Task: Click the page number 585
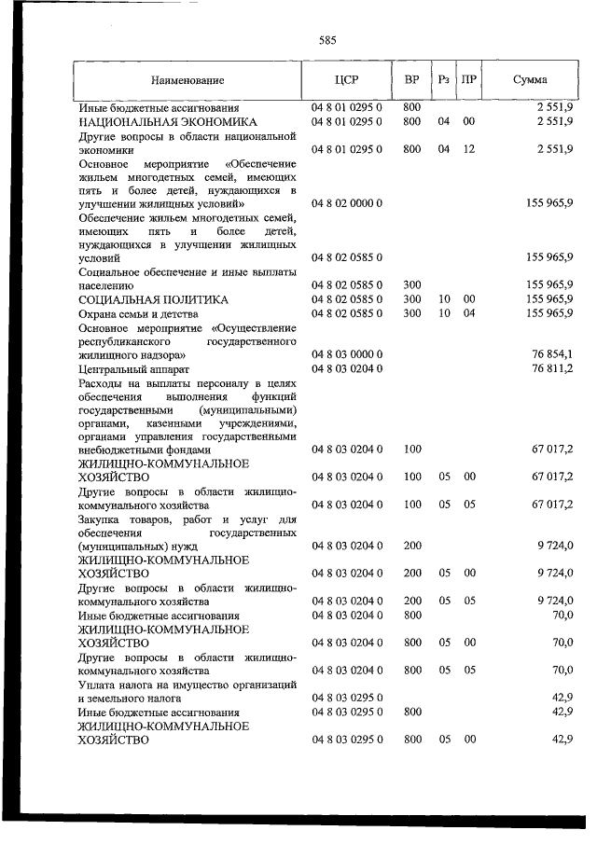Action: [x=327, y=40]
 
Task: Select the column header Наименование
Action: [x=187, y=80]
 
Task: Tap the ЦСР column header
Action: [x=346, y=80]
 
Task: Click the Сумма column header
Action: [x=530, y=80]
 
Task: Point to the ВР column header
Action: [x=411, y=80]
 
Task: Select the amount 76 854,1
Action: [x=552, y=354]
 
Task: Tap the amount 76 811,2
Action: [x=552, y=369]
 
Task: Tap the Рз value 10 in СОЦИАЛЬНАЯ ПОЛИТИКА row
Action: [x=444, y=299]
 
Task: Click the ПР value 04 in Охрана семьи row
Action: [x=469, y=314]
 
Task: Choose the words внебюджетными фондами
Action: [x=139, y=450]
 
